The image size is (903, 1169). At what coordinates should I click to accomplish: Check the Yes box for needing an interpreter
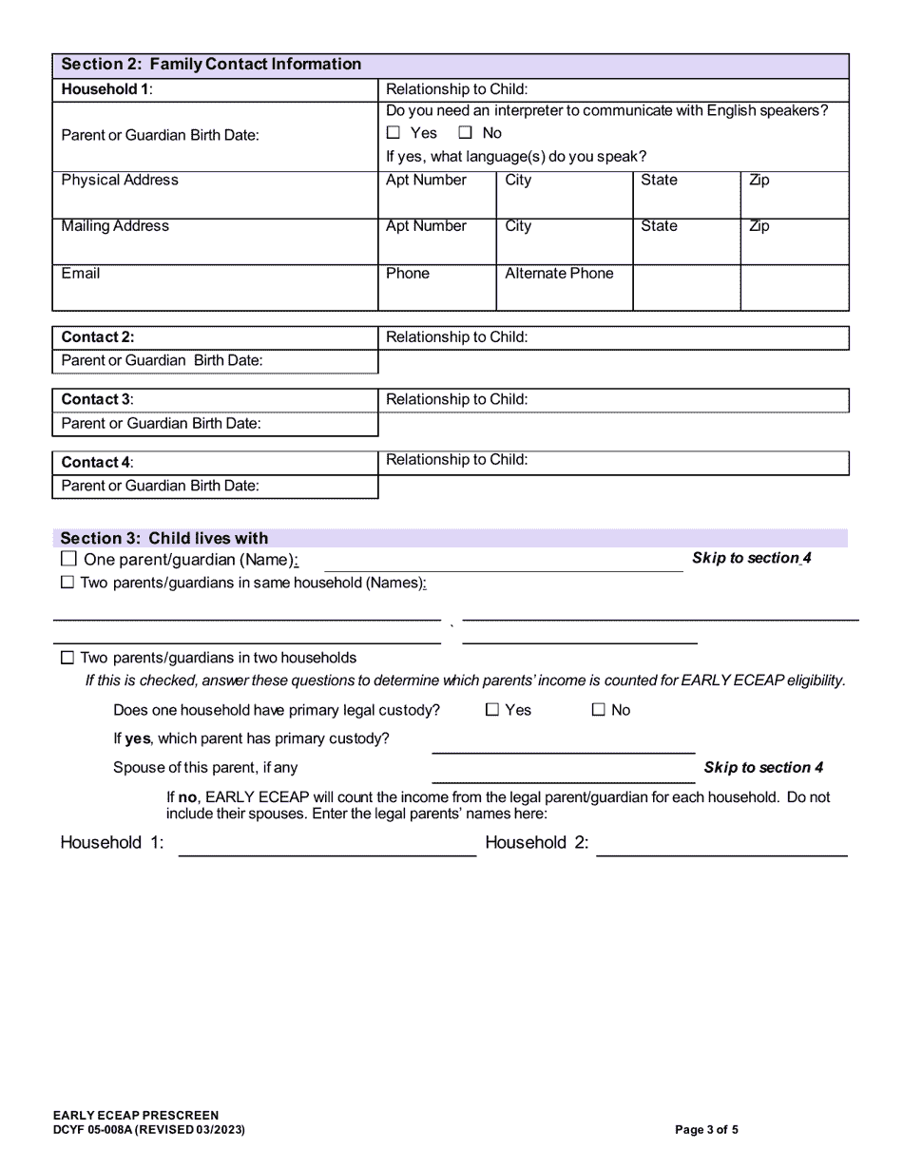click(394, 134)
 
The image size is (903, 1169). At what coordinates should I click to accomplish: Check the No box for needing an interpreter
click(466, 134)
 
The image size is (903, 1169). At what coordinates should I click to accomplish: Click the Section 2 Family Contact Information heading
click(211, 65)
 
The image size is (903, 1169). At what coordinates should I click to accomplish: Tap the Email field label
click(81, 274)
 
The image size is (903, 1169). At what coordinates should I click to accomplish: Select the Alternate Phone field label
click(559, 274)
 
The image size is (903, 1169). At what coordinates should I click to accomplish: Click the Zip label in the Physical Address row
click(759, 181)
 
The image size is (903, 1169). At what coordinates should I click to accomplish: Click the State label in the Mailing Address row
click(659, 226)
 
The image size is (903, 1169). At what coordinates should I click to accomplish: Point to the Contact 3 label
click(97, 400)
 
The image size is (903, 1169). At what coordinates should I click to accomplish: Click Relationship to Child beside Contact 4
click(456, 460)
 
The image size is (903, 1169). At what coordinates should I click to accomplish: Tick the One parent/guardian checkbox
click(68, 560)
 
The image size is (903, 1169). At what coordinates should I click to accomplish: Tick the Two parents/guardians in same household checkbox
click(67, 584)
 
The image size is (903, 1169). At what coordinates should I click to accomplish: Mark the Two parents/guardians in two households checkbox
click(67, 658)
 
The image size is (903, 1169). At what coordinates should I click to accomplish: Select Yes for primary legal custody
click(492, 710)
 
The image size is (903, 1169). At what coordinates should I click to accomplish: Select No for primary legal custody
click(599, 710)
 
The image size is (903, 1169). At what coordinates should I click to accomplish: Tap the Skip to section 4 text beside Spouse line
click(763, 768)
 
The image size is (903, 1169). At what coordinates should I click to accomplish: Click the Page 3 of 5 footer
click(706, 1130)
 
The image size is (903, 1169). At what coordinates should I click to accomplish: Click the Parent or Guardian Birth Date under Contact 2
click(162, 361)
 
